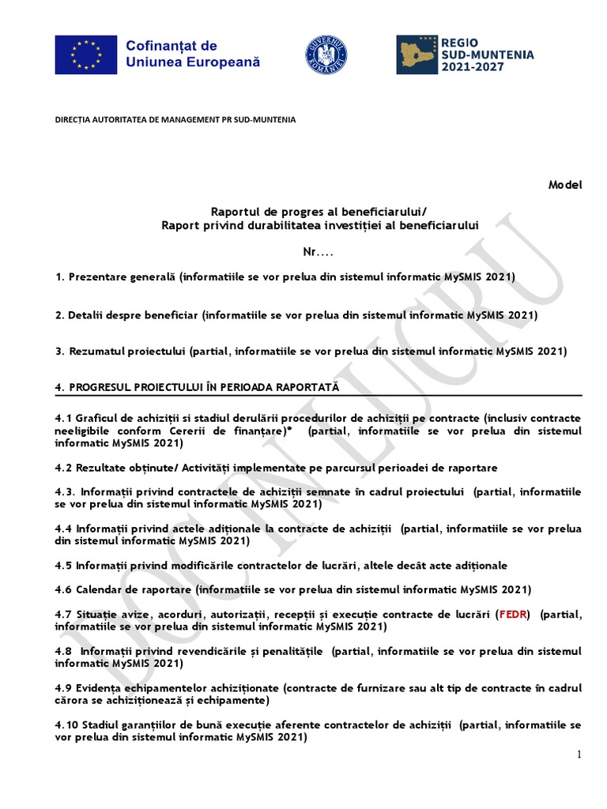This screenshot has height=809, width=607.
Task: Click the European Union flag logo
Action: [86, 55]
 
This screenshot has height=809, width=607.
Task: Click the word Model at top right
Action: [564, 185]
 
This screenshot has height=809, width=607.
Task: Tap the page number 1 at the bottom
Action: [579, 755]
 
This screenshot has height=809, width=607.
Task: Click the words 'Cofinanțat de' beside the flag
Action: [172, 46]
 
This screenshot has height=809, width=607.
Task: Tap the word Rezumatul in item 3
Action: [94, 351]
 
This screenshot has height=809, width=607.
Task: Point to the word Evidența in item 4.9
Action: [100, 687]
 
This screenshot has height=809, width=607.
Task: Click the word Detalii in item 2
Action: [86, 314]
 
